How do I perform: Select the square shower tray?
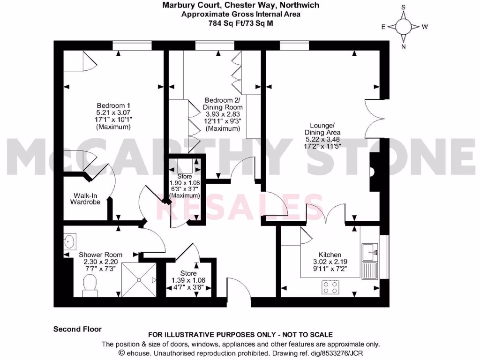tap(140, 279)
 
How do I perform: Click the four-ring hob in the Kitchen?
tap(330, 287)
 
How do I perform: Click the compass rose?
tap(404, 27)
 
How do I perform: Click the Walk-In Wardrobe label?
tap(85, 199)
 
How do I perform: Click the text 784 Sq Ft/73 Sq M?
tap(241, 22)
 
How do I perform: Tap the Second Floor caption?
tap(77, 329)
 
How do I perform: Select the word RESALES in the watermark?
tap(233, 207)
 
